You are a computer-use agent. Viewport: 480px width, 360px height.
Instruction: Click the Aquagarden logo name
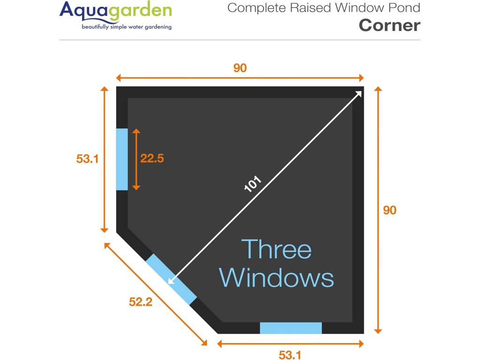pyautogui.click(x=115, y=11)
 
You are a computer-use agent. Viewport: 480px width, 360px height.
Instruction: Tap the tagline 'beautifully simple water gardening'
pyautogui.click(x=127, y=27)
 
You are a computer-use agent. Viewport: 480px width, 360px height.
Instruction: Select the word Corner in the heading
pyautogui.click(x=389, y=25)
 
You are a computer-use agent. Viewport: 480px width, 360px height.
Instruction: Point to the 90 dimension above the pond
pyautogui.click(x=240, y=68)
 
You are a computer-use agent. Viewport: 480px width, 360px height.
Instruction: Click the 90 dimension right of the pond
pyautogui.click(x=390, y=210)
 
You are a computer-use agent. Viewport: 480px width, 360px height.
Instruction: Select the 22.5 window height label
pyautogui.click(x=152, y=158)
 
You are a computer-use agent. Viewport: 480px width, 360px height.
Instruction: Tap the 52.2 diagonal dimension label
pyautogui.click(x=141, y=302)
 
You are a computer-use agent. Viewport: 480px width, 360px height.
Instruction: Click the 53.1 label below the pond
pyautogui.click(x=290, y=355)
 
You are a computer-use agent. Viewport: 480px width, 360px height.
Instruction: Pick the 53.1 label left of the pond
pyautogui.click(x=88, y=158)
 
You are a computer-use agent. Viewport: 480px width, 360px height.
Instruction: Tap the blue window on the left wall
pyautogui.click(x=122, y=159)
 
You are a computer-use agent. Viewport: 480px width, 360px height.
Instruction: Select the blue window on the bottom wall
pyautogui.click(x=291, y=328)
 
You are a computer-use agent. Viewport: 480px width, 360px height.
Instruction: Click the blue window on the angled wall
pyautogui.click(x=171, y=279)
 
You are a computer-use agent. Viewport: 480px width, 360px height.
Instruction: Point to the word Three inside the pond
pyautogui.click(x=277, y=249)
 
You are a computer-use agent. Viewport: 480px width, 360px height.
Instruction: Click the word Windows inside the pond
pyautogui.click(x=277, y=278)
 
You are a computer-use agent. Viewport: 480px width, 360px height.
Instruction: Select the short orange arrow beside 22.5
pyautogui.click(x=136, y=159)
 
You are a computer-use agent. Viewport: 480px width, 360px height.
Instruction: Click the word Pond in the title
pyautogui.click(x=405, y=8)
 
